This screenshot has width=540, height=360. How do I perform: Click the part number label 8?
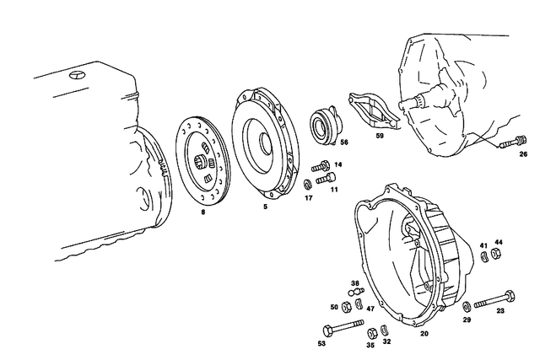(202, 212)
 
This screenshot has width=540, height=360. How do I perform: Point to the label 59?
(379, 135)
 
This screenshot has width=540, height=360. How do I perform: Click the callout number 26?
(523, 154)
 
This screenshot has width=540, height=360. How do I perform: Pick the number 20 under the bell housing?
(424, 333)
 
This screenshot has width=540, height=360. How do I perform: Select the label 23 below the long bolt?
(500, 311)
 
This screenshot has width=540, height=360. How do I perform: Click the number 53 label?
(321, 344)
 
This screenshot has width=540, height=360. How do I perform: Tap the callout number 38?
(355, 282)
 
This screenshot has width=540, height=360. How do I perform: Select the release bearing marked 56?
(324, 121)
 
